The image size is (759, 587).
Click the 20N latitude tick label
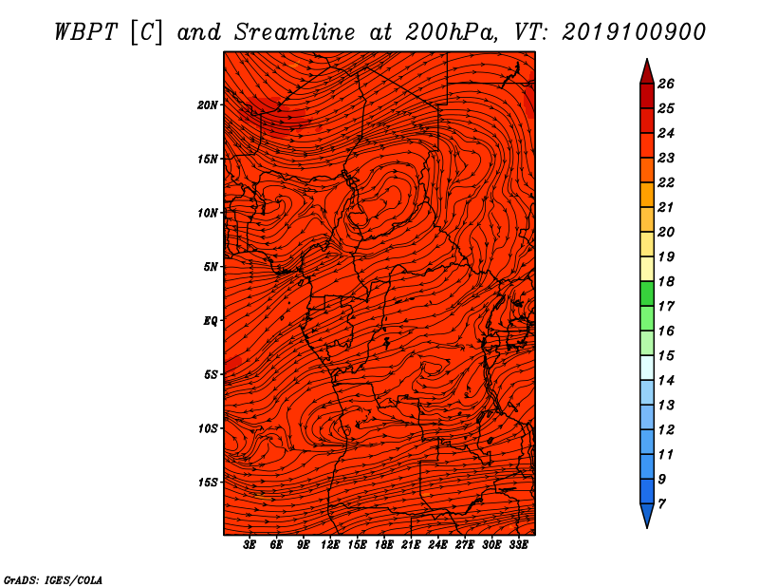click(208, 105)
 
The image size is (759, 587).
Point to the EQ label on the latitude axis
click(211, 321)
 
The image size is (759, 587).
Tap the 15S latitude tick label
click(208, 483)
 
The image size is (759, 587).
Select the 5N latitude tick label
click(211, 267)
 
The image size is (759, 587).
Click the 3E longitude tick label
click(250, 545)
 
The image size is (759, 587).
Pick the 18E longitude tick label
click(384, 545)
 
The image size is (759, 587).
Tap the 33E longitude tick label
click(518, 545)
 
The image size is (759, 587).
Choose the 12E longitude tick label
click(330, 545)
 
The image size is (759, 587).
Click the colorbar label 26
click(666, 84)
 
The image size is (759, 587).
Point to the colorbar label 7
click(661, 503)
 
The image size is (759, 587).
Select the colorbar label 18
click(666, 281)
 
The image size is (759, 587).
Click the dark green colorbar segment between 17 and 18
click(647, 293)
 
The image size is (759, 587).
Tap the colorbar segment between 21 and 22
click(647, 195)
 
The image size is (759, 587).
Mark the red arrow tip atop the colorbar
click(647, 59)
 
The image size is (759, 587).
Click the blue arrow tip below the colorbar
click(647, 527)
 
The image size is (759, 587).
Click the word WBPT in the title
click(85, 32)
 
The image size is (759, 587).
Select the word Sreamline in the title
click(295, 32)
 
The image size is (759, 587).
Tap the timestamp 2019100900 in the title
click(634, 32)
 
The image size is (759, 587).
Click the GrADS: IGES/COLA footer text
click(53, 580)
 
